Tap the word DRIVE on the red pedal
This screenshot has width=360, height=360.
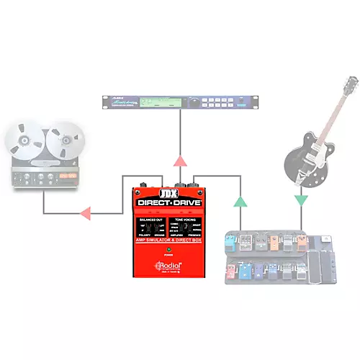click(x=186, y=204)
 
